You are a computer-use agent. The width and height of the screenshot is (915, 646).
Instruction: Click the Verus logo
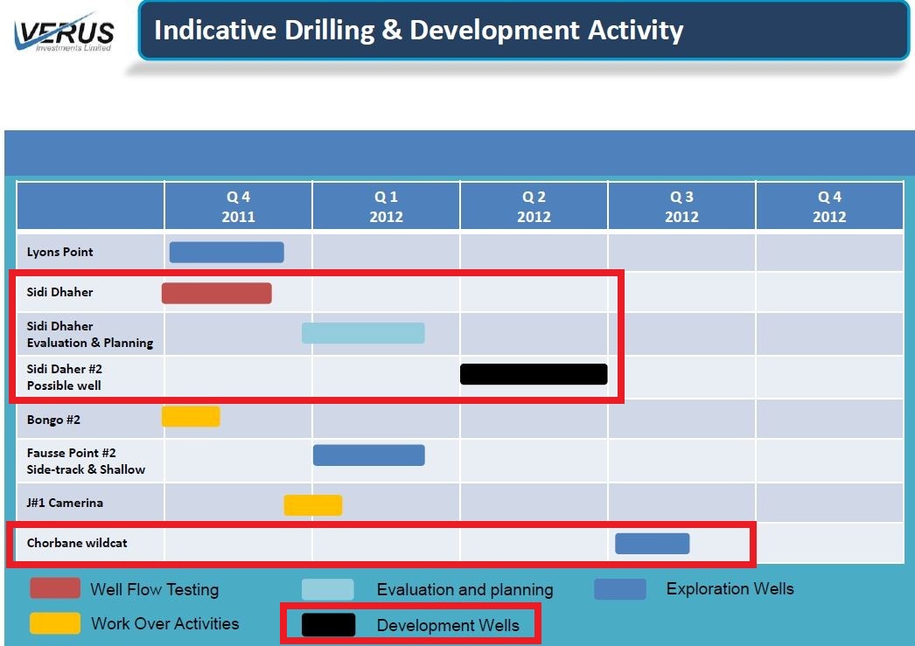(64, 32)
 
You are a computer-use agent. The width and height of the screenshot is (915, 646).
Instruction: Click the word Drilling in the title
(329, 31)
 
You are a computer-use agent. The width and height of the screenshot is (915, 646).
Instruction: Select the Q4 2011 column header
(238, 206)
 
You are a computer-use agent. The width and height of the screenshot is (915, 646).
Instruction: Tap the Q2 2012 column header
(534, 206)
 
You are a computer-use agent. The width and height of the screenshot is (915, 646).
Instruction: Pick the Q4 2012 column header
(829, 206)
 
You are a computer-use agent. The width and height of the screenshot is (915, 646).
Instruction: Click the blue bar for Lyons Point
(227, 253)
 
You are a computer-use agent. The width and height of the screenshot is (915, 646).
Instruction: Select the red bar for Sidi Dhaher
(216, 293)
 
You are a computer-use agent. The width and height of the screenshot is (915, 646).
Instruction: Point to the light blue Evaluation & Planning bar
(363, 333)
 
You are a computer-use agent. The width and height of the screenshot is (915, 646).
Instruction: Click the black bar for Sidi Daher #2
(534, 374)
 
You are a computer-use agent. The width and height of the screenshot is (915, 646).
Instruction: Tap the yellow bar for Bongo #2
(191, 417)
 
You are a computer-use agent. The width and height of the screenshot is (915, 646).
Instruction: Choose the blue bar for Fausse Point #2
(369, 455)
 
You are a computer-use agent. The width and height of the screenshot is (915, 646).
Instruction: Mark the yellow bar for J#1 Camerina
(313, 505)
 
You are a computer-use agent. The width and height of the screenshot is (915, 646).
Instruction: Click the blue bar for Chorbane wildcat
(653, 544)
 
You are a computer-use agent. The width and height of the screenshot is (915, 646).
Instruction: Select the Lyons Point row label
(59, 252)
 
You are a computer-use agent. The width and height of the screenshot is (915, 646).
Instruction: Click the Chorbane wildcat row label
(76, 543)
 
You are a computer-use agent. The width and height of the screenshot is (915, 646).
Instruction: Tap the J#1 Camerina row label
(65, 503)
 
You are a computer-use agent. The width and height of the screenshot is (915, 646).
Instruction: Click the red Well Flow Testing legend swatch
(55, 588)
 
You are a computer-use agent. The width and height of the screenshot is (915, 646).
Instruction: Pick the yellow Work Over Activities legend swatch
(55, 623)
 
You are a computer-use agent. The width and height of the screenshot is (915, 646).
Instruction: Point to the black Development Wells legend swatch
(328, 625)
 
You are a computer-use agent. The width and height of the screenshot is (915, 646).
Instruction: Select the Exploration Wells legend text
(730, 589)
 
